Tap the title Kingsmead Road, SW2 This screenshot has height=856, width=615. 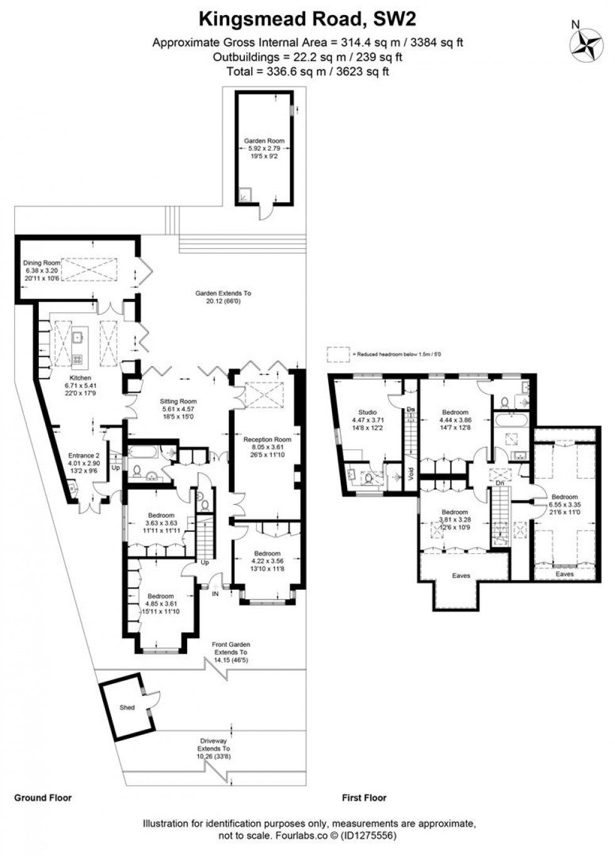pos(307,20)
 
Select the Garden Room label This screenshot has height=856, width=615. pos(264,141)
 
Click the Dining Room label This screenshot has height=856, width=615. pos(41,263)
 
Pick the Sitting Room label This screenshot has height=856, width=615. pos(179,401)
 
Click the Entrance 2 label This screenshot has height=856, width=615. pos(83,456)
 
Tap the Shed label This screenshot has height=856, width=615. pos(127,707)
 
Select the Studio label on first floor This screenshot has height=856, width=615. pos(367,413)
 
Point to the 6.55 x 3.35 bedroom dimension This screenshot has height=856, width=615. pos(564,504)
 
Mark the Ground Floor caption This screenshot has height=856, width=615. pos(43,798)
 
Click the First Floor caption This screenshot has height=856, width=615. pos(364,798)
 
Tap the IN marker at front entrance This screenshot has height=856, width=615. pos(215,593)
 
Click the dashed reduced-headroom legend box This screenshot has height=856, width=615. pos(338,354)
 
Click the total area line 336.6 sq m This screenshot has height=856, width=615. pos(307,71)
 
